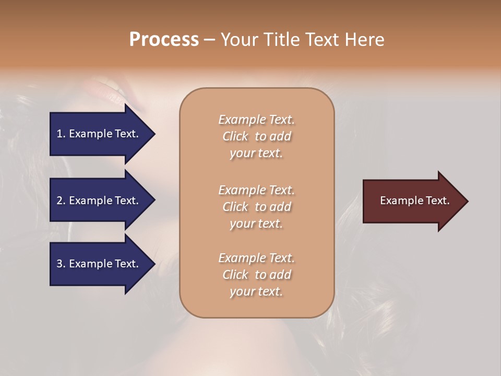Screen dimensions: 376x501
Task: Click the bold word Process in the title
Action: click(x=164, y=40)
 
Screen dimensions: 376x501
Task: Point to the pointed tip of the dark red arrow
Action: click(x=467, y=201)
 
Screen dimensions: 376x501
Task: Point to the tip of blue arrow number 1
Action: click(x=154, y=134)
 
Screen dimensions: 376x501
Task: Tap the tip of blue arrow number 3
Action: click(x=154, y=264)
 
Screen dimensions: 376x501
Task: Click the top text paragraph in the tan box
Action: click(x=256, y=136)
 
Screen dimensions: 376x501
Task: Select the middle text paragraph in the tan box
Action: click(x=256, y=206)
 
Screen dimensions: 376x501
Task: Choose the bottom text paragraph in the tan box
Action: click(x=256, y=275)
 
